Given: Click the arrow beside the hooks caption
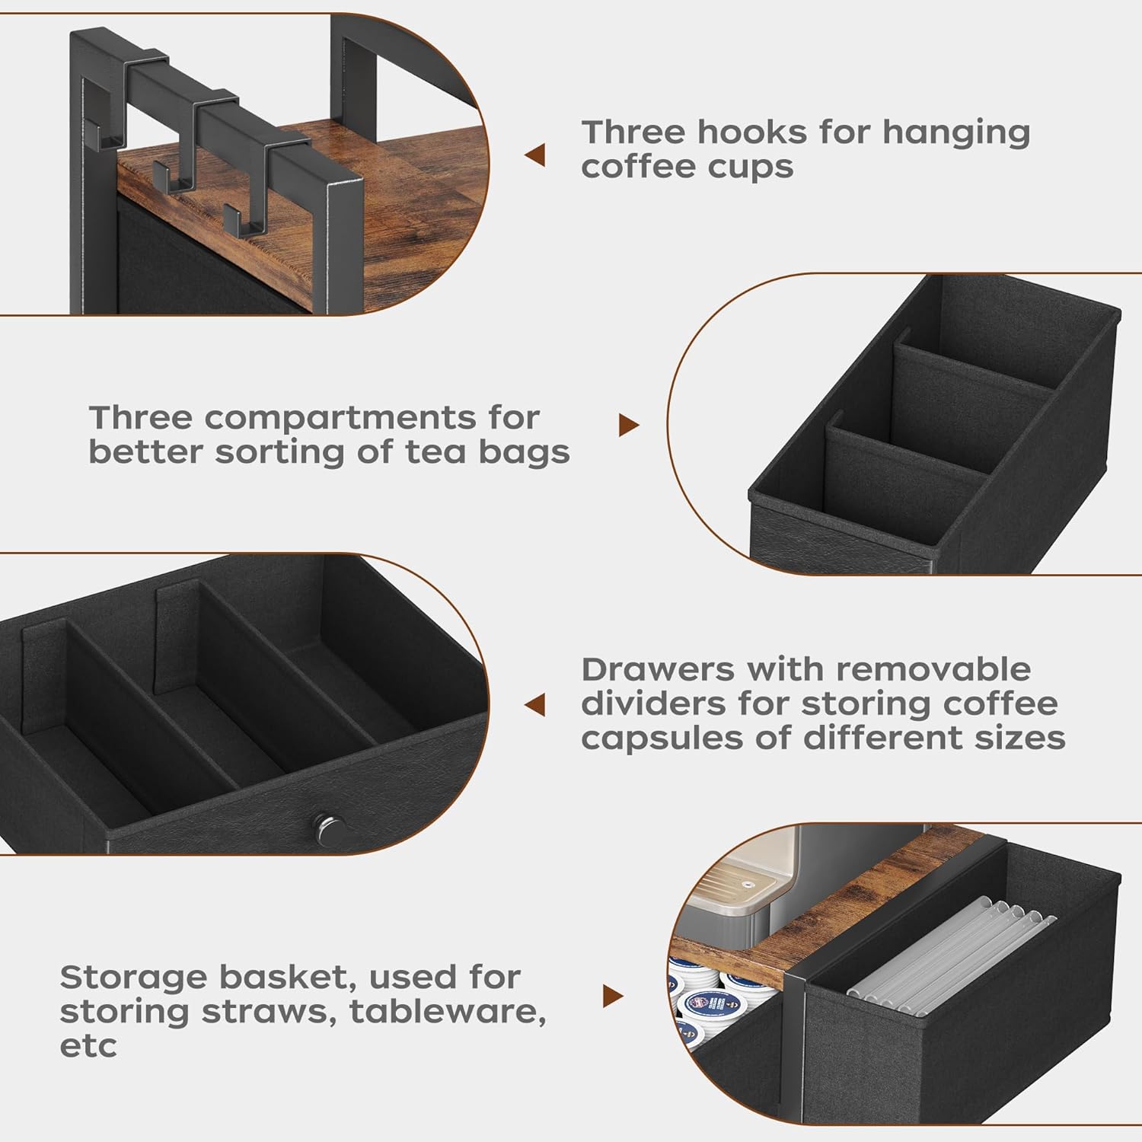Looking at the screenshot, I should click(535, 155).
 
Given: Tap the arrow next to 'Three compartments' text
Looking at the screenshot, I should click(628, 425).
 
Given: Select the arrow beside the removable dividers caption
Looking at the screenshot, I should click(535, 704).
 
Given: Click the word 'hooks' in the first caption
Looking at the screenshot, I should click(751, 132).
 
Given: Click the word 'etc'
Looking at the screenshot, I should click(88, 1046).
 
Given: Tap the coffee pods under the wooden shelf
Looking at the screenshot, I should click(708, 997).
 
